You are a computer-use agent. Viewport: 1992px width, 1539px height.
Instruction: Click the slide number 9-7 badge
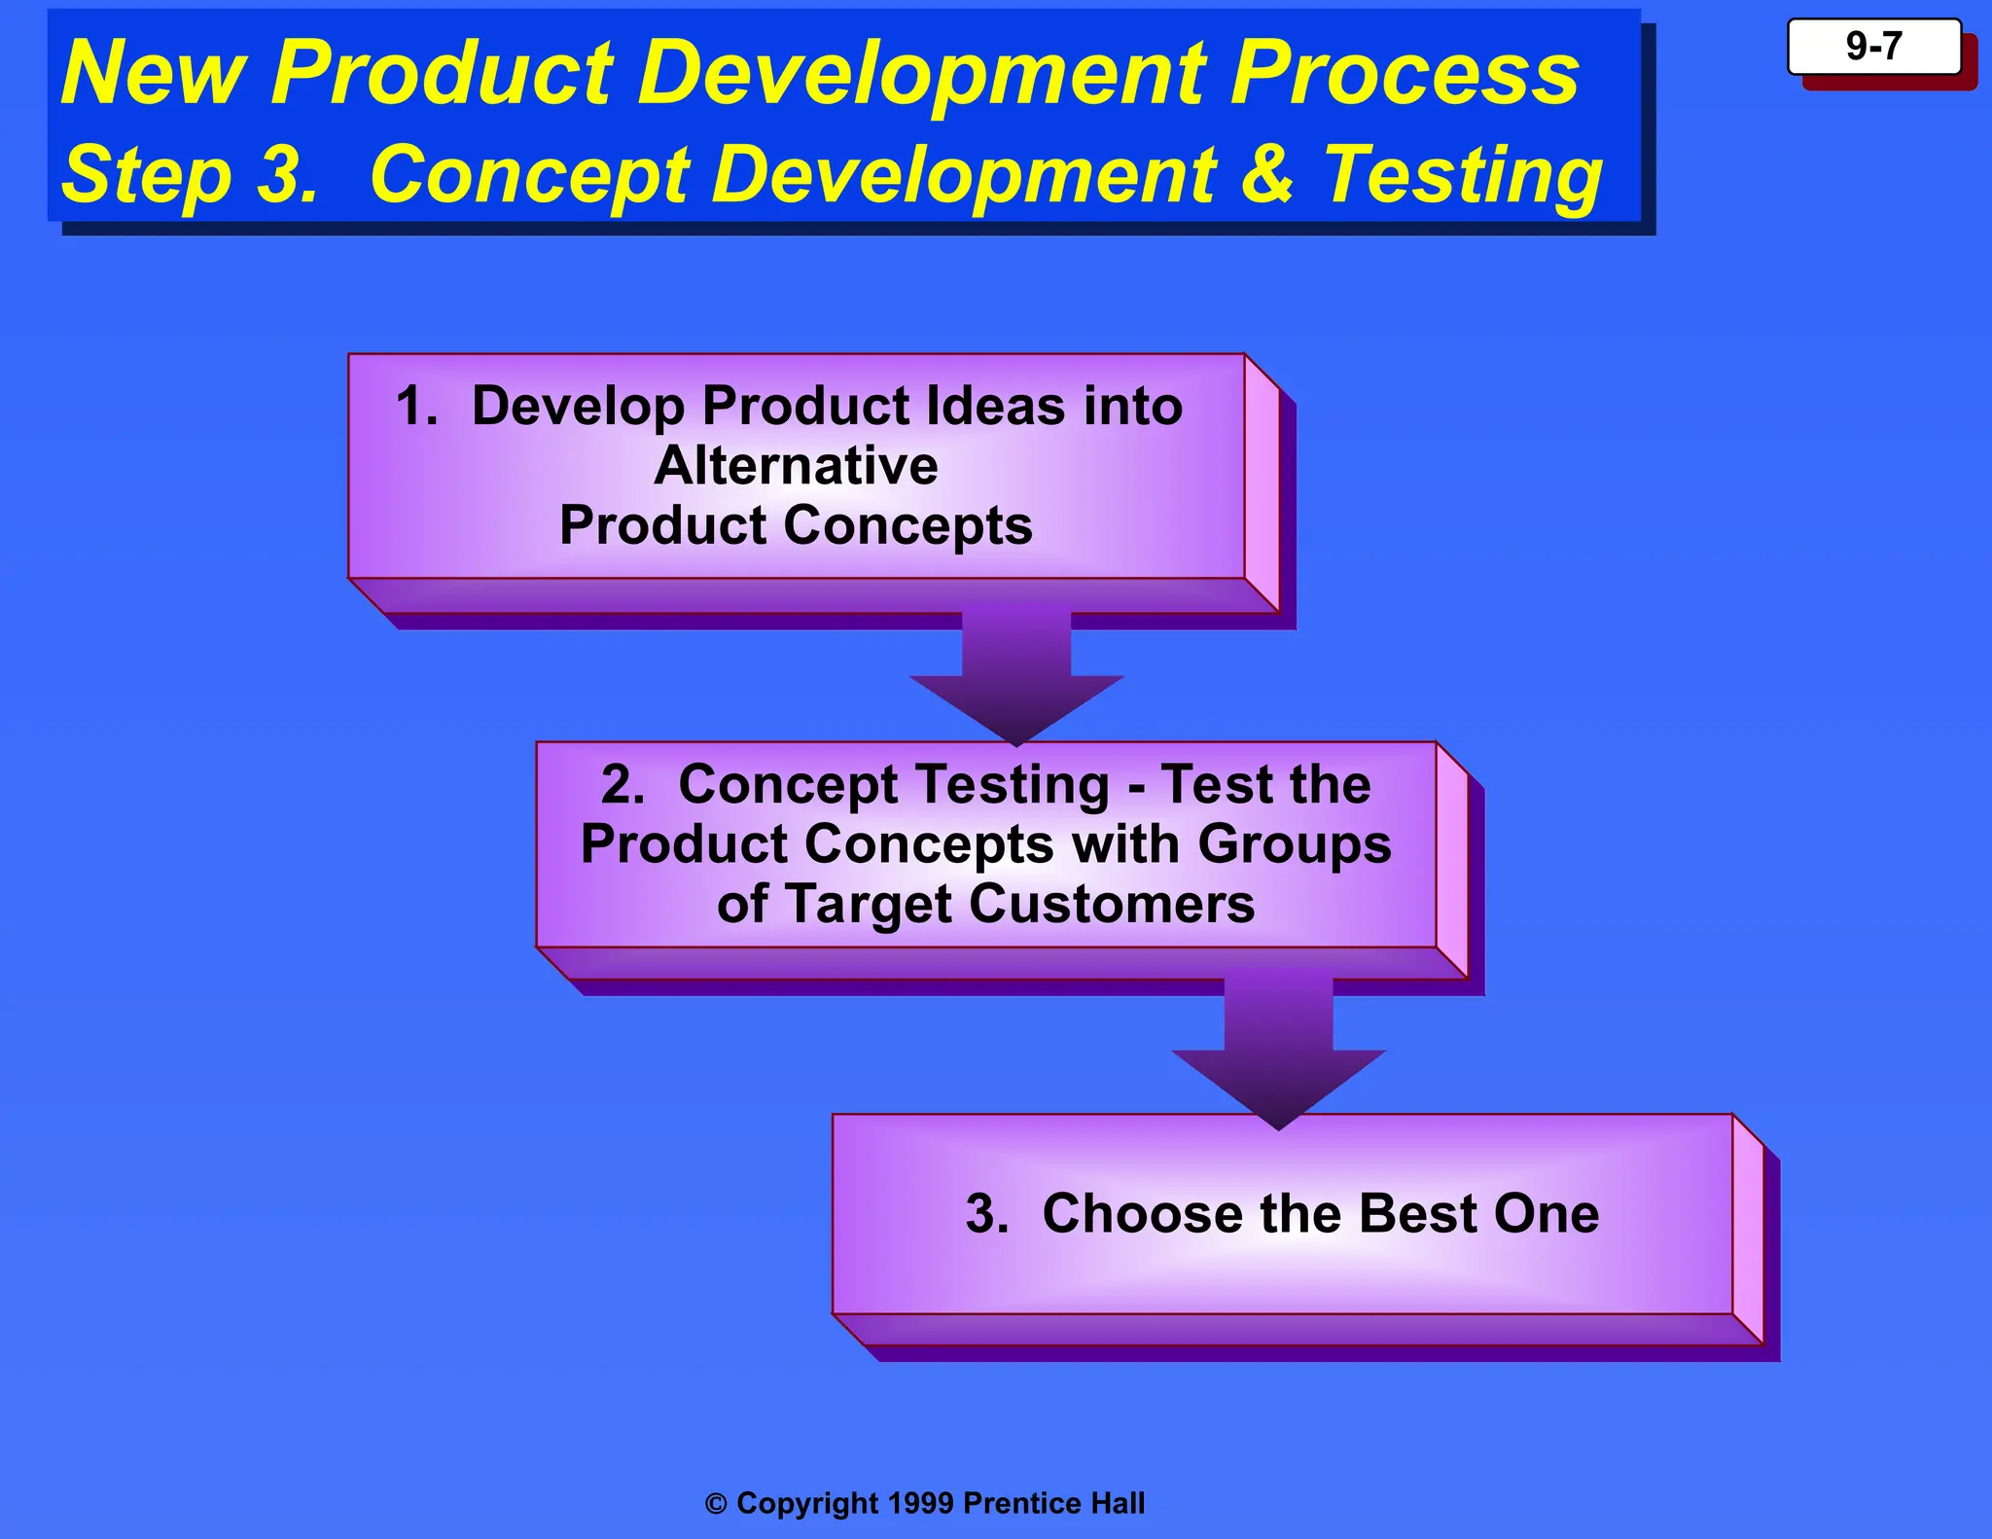click(x=1873, y=47)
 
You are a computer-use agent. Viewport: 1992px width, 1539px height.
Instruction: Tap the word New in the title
click(x=153, y=74)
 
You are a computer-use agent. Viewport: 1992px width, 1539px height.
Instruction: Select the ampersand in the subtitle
click(x=1267, y=175)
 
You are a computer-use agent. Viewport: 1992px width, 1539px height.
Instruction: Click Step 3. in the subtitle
click(x=190, y=175)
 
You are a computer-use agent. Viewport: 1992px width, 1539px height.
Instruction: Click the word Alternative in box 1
click(x=796, y=465)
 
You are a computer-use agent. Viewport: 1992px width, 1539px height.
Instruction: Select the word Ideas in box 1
click(x=995, y=406)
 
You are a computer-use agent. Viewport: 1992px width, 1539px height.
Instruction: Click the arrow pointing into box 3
click(x=1278, y=1060)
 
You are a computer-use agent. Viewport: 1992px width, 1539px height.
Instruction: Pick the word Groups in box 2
click(x=1294, y=844)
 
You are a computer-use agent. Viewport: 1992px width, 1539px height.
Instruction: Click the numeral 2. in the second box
click(x=622, y=784)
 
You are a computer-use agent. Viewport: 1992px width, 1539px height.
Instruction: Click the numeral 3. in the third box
click(x=987, y=1214)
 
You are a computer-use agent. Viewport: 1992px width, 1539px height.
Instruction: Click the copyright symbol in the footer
click(x=716, y=1504)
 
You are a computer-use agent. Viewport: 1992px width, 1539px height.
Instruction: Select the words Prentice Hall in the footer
click(x=1053, y=1503)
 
